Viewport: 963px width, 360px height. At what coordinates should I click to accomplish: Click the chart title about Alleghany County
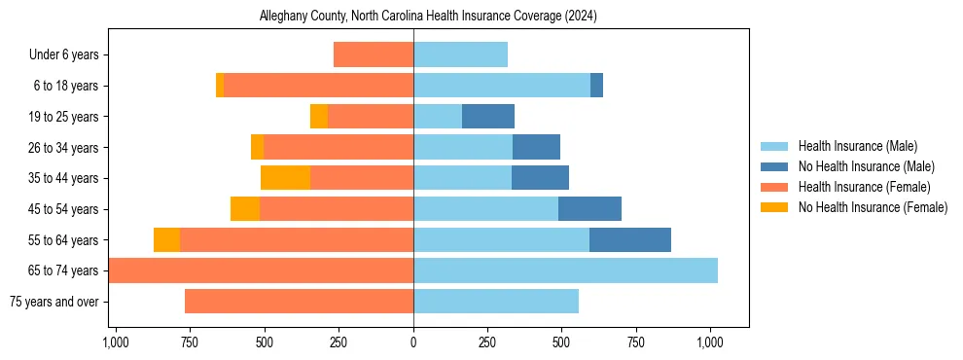(x=428, y=17)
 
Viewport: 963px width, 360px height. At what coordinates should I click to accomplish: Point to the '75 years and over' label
(x=53, y=302)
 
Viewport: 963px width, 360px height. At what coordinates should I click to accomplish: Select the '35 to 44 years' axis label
(x=63, y=178)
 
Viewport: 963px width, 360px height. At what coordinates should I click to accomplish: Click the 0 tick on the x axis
(x=413, y=342)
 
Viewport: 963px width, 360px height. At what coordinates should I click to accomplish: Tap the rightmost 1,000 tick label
(x=709, y=342)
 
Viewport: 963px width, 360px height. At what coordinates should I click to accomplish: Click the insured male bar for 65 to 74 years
(x=565, y=270)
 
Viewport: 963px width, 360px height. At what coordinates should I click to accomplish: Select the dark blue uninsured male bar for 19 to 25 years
(x=488, y=117)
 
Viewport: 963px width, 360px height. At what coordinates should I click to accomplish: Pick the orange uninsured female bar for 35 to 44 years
(x=285, y=178)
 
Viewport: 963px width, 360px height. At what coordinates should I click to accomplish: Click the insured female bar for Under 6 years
(x=374, y=55)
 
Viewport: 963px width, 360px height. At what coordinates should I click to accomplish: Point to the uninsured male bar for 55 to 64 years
(x=630, y=239)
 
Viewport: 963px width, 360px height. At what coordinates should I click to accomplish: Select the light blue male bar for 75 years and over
(x=496, y=302)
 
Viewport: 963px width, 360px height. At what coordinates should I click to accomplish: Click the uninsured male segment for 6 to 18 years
(x=596, y=86)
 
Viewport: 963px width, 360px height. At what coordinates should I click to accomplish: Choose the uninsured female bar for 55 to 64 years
(x=166, y=239)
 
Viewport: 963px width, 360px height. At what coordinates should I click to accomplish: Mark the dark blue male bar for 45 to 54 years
(x=589, y=209)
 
